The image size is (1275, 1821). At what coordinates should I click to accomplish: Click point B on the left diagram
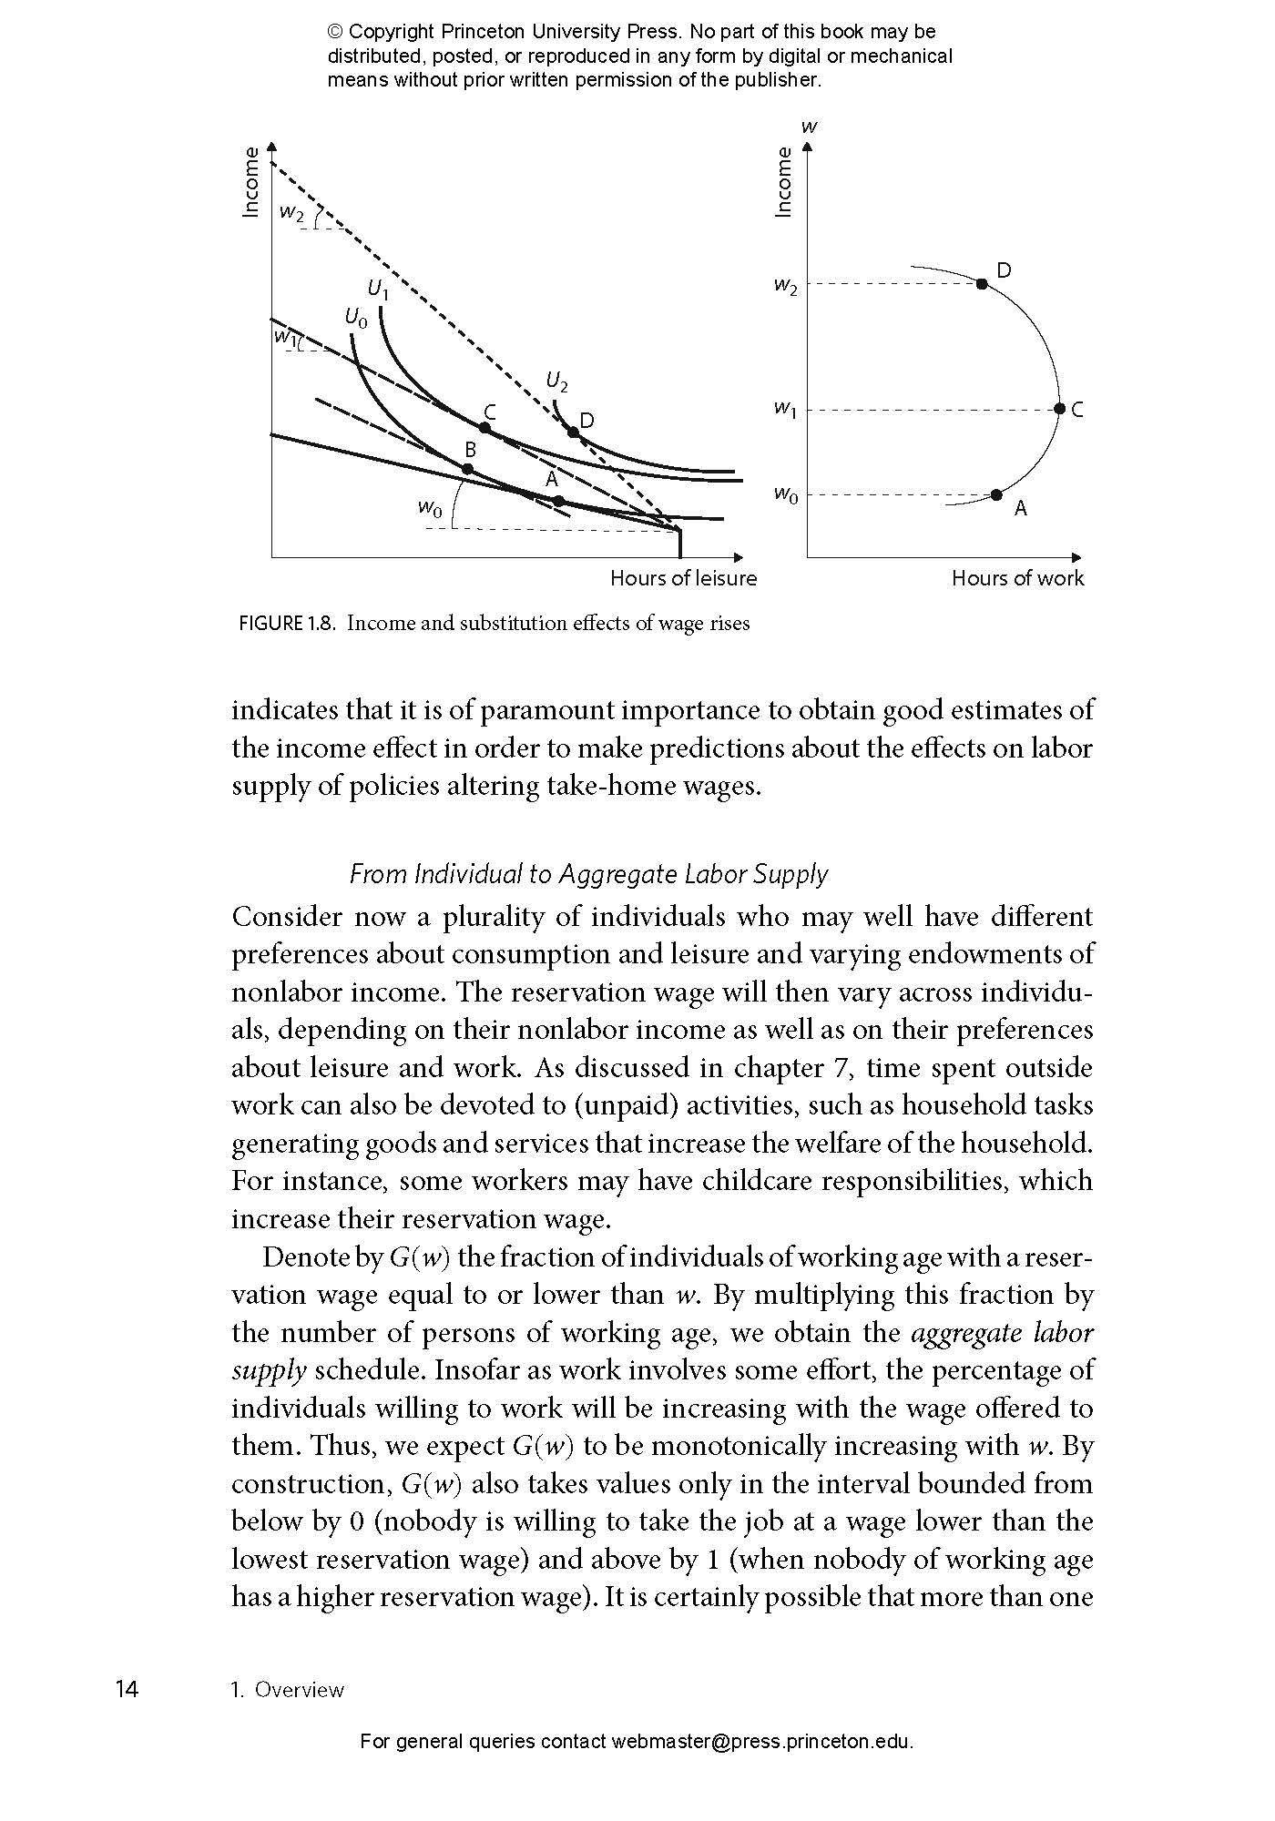[467, 469]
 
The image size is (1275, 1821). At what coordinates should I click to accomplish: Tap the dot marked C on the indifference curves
[485, 427]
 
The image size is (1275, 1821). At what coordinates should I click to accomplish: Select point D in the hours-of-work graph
[982, 284]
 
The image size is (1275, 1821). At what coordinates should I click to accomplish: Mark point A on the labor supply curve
[996, 494]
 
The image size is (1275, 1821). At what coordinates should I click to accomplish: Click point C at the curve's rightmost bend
[1059, 410]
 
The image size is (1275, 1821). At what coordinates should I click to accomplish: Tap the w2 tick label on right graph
[785, 286]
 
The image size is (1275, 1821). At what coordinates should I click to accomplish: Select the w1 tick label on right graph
[785, 410]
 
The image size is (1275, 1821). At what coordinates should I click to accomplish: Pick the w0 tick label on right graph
[785, 494]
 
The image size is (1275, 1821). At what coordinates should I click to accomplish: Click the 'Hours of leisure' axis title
[683, 578]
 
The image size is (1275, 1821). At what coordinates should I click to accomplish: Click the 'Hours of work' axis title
[1017, 578]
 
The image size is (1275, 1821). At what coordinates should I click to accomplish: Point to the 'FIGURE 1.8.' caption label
[288, 624]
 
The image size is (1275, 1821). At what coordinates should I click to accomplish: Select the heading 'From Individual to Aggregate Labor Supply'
[589, 874]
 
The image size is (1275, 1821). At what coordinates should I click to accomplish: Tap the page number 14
[127, 1690]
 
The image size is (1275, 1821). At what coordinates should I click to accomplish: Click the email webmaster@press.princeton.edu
[761, 1742]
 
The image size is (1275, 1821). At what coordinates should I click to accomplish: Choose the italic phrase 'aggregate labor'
[1002, 1333]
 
